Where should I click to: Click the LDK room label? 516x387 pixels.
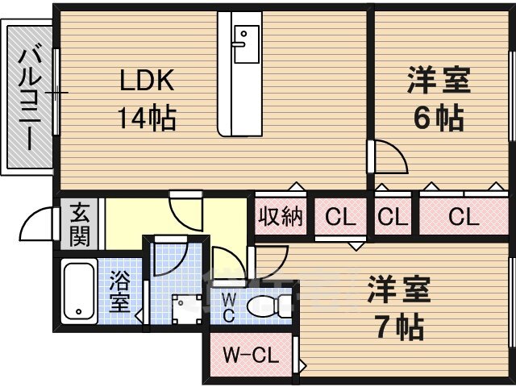147,81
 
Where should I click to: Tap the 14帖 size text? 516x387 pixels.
147,119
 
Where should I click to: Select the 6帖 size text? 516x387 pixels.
439,119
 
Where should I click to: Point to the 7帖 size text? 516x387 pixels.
400,327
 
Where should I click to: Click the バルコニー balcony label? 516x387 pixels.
30,99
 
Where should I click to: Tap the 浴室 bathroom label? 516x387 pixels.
119,292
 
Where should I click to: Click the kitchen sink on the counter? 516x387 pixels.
246,44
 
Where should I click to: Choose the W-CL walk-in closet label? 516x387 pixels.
251,356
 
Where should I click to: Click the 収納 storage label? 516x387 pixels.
281,217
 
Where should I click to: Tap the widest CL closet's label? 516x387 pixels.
464,217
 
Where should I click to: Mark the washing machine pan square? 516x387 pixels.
187,310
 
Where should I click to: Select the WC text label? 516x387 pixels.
229,308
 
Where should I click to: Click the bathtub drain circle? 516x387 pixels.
79,312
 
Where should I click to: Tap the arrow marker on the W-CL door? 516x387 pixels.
303,365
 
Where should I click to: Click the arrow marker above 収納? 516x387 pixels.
297,186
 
